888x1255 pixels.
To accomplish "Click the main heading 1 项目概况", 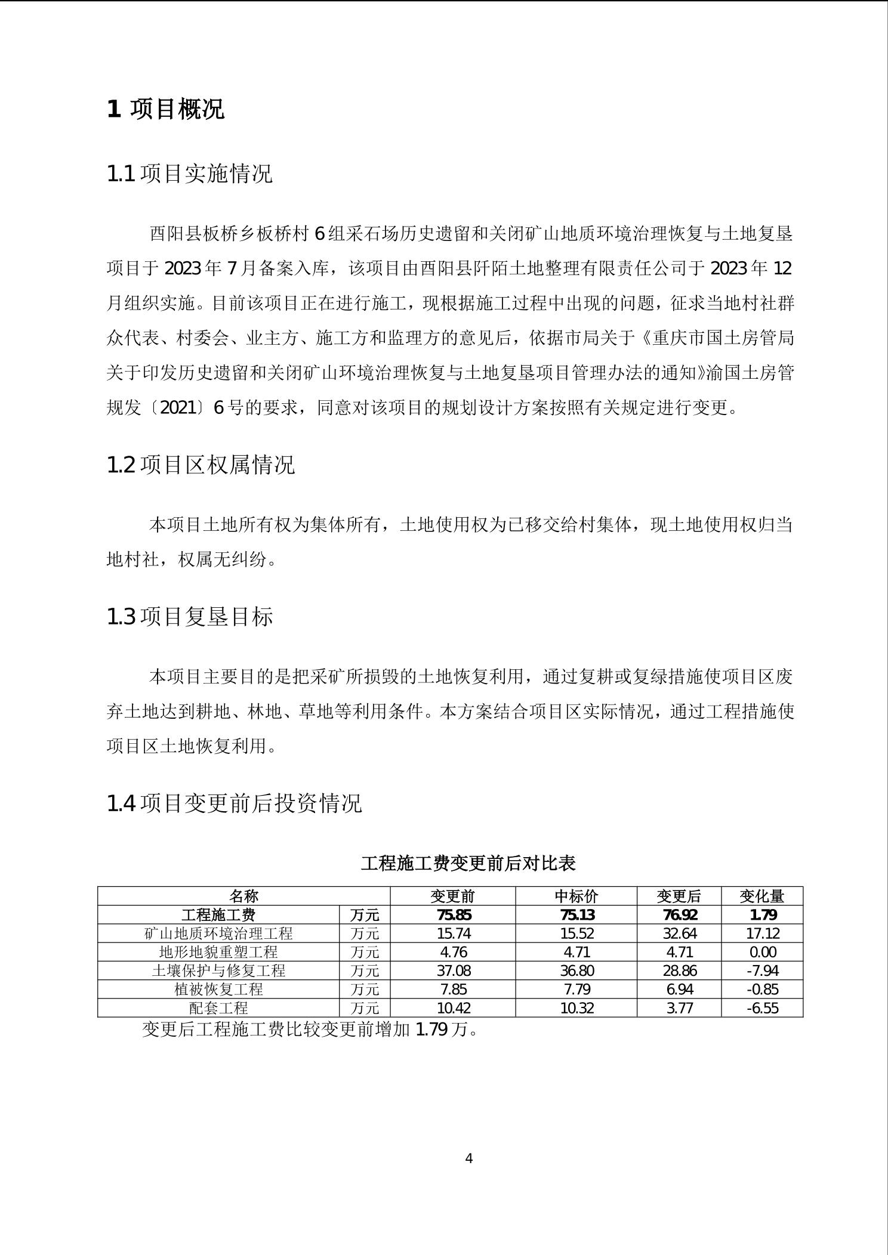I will (x=165, y=109).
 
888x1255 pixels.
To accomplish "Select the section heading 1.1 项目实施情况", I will (x=189, y=174).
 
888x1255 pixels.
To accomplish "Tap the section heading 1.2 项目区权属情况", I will (x=201, y=465).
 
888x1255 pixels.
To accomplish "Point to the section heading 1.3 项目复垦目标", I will (x=189, y=616).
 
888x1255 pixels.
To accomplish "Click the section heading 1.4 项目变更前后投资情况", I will (x=234, y=803).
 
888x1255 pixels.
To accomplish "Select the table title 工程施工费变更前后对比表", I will (x=468, y=863).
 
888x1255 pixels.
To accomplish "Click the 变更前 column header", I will (x=453, y=896).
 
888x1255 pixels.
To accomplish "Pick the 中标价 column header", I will (x=576, y=896).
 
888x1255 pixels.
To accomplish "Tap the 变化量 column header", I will (x=762, y=896).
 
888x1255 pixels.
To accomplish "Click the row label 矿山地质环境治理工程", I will (x=218, y=933).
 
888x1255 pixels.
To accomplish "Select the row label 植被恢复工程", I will (x=218, y=990).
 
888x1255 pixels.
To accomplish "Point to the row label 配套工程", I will (x=218, y=1008).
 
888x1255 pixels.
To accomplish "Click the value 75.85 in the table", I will (x=453, y=915).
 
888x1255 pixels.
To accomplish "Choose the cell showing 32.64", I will (x=679, y=933).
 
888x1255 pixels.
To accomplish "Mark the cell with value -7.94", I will (x=762, y=970).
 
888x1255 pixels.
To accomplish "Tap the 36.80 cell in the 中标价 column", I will (x=576, y=970).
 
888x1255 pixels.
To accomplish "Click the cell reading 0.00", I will (x=762, y=952).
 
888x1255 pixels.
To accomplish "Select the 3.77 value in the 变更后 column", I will (x=679, y=1008).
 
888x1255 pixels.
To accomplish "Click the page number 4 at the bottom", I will (x=468, y=1158).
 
